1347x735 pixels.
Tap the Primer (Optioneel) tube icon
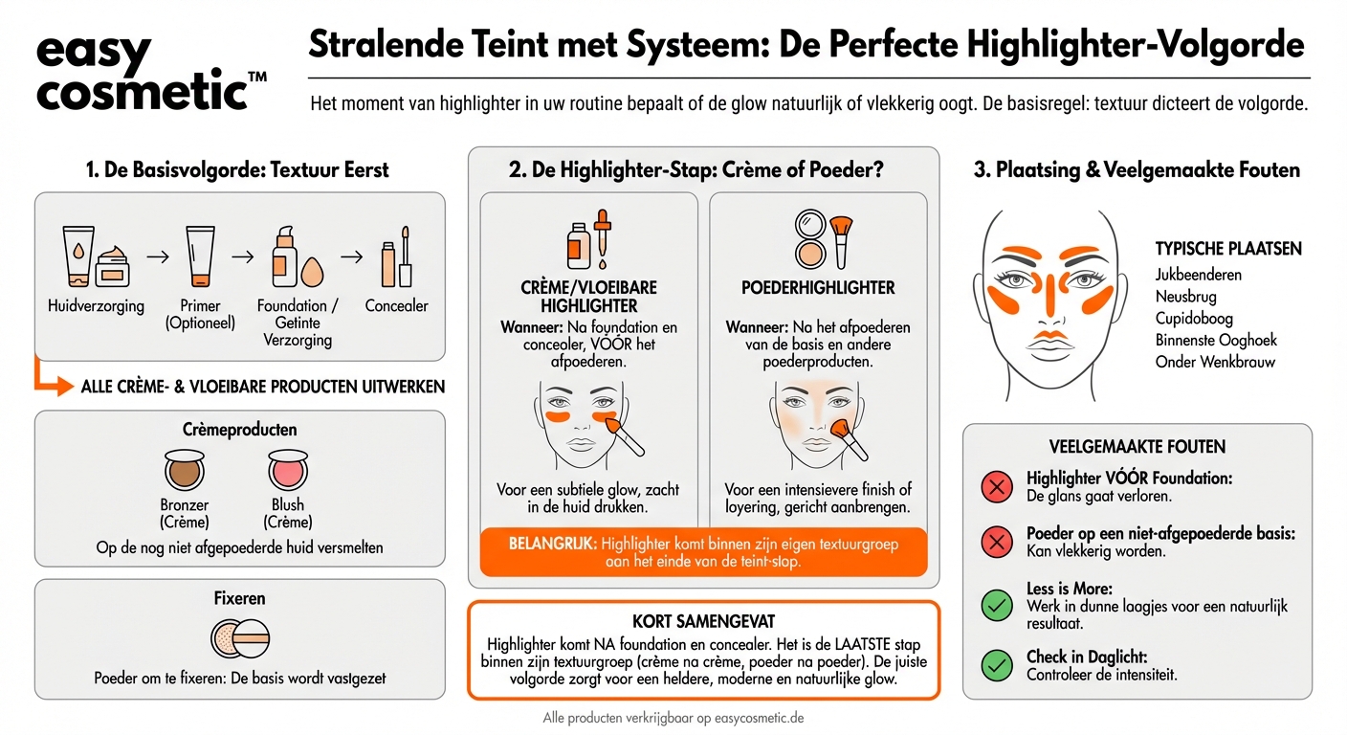[x=201, y=256]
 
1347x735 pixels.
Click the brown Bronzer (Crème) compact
[x=185, y=470]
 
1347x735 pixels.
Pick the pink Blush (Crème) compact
[x=287, y=470]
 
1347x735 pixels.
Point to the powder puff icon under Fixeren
[x=240, y=639]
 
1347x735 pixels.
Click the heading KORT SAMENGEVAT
[x=703, y=621]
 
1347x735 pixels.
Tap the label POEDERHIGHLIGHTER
[x=818, y=288]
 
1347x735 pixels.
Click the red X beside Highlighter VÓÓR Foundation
[x=997, y=487]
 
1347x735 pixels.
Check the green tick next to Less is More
[x=997, y=605]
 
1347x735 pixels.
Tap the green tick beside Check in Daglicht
[x=997, y=664]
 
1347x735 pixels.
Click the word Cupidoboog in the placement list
[x=1194, y=319]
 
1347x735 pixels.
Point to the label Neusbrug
[x=1185, y=297]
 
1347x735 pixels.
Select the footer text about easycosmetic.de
[x=679, y=717]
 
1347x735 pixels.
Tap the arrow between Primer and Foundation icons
[x=243, y=256]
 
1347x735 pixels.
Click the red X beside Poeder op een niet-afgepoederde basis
[x=997, y=543]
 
